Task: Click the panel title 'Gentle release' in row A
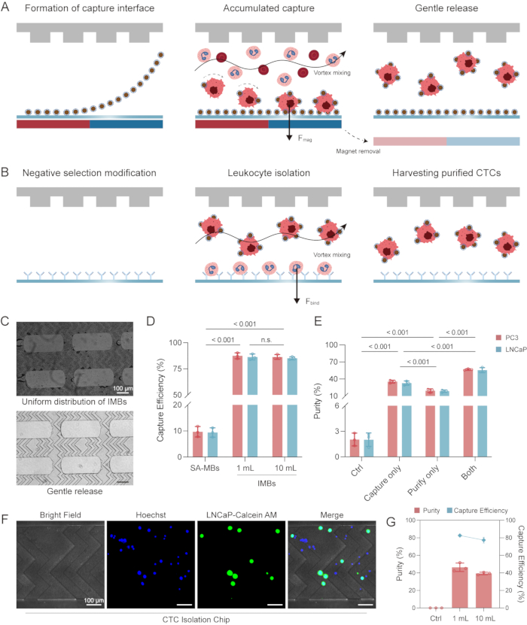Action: pyautogui.click(x=446, y=8)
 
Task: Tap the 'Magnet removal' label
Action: pyautogui.click(x=358, y=151)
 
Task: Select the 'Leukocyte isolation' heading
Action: pyautogui.click(x=269, y=173)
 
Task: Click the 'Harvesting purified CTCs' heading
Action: pyautogui.click(x=446, y=173)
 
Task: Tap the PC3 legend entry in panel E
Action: pyautogui.click(x=507, y=338)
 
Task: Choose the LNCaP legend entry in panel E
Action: pyautogui.click(x=511, y=350)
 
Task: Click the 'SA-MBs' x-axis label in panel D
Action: pyautogui.click(x=205, y=468)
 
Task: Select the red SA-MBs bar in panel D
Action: pyautogui.click(x=197, y=444)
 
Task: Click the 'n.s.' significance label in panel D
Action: pyautogui.click(x=266, y=340)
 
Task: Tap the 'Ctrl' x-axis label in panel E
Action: pyautogui.click(x=357, y=471)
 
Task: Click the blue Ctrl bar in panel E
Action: pyautogui.click(x=369, y=448)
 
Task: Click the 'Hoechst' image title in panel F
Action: pyautogui.click(x=151, y=515)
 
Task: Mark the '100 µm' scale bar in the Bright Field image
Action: pyautogui.click(x=94, y=605)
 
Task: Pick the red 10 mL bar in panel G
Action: pyautogui.click(x=483, y=590)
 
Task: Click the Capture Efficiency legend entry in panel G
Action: pyautogui.click(x=477, y=511)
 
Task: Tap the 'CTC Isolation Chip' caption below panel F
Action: pyautogui.click(x=196, y=620)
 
